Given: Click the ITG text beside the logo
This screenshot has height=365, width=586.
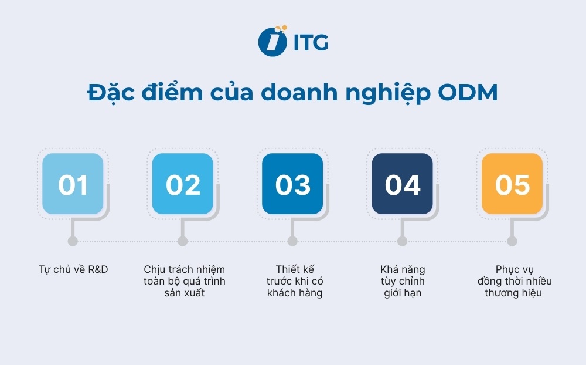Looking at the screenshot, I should click(x=310, y=42).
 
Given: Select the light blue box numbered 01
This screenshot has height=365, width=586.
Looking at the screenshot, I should click(x=73, y=184).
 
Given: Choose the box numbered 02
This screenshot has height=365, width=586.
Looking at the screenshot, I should click(x=183, y=184).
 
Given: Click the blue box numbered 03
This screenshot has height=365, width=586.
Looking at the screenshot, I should click(x=292, y=184).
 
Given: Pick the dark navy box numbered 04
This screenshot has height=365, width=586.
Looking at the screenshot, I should click(x=403, y=184).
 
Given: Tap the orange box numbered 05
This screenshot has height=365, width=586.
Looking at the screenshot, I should click(x=512, y=184).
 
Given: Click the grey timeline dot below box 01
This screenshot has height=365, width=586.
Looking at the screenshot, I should click(x=73, y=241).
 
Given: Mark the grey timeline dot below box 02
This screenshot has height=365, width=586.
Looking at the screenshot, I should click(x=183, y=241).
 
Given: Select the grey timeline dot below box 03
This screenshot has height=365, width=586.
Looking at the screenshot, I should click(x=292, y=241).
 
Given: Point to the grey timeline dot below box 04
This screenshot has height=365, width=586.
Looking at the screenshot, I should click(x=403, y=241).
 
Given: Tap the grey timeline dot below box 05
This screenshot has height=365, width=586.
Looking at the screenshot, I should click(x=512, y=241).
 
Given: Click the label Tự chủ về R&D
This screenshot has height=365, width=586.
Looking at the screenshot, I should click(x=73, y=269).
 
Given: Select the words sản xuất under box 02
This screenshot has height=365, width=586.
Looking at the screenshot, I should click(x=185, y=293).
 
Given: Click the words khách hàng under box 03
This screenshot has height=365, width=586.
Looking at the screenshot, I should click(x=295, y=293).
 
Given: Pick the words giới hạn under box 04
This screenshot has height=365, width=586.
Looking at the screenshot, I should click(x=403, y=293).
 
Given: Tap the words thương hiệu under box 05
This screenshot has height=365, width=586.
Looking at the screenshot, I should click(x=513, y=293).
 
